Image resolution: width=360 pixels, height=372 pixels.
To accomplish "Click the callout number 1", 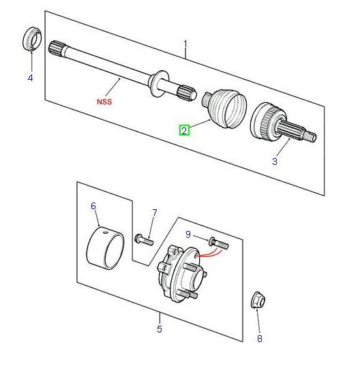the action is pos(185,44).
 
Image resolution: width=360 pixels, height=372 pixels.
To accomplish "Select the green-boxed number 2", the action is pos(184,131).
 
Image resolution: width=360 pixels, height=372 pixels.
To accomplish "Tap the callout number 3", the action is pos(275,161).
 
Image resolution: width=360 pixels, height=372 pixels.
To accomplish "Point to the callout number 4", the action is pos(30,78).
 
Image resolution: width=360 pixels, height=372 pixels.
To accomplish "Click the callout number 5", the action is pos(160,329).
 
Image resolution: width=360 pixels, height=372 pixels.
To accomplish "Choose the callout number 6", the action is pos(93,206).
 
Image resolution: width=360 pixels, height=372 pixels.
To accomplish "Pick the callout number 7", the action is pos(155,213).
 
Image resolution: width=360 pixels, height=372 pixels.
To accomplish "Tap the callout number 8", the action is pos(260,339).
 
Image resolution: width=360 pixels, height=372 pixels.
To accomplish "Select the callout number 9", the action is pos(188,234).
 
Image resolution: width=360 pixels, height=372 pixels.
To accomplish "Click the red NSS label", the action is pos(104,102).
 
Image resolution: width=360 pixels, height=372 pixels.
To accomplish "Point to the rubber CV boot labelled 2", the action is pos(224,108).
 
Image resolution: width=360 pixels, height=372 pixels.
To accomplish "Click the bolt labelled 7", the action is pos(144,240).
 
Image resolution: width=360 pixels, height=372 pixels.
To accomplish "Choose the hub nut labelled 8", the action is pos(258,300).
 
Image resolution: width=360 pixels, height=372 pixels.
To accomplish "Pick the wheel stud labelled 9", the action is pos(218,244).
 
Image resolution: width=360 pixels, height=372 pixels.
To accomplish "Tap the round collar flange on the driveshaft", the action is pos(158,83).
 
